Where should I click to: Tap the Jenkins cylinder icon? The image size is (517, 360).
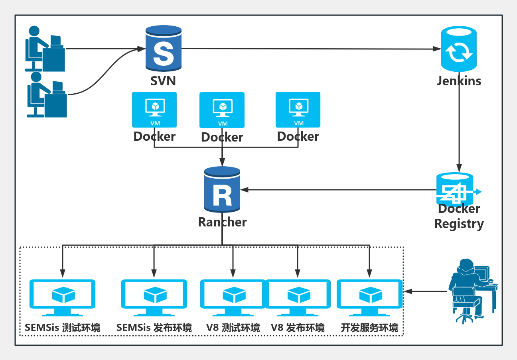click(x=458, y=49)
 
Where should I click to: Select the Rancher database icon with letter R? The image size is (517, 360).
click(x=222, y=190)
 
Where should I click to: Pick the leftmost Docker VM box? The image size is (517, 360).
click(x=154, y=110)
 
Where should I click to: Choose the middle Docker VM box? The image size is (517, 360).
click(x=222, y=110)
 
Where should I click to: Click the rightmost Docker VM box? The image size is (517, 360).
click(x=298, y=110)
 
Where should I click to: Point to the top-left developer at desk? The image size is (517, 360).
click(x=45, y=49)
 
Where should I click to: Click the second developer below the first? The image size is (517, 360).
click(x=46, y=95)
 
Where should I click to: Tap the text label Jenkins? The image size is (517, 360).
click(x=459, y=81)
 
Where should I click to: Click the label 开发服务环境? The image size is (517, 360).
click(x=369, y=328)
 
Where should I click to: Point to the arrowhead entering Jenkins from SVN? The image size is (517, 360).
click(x=437, y=49)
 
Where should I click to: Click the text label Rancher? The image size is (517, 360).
click(x=222, y=222)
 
